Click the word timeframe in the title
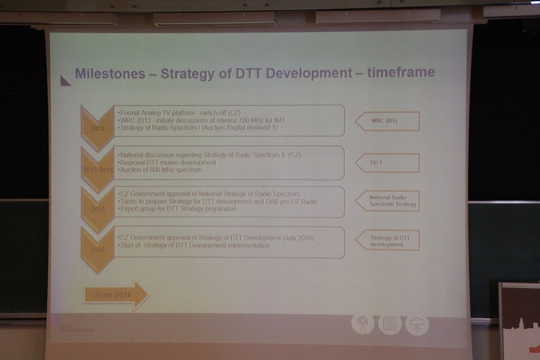pyautogui.click(x=401, y=72)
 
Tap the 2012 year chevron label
pyautogui.click(x=98, y=128)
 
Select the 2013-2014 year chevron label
pyautogui.click(x=98, y=170)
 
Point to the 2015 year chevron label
pyautogui.click(x=98, y=209)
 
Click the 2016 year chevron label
pyautogui.click(x=98, y=249)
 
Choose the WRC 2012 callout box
pyautogui.click(x=387, y=121)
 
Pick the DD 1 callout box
pyautogui.click(x=387, y=163)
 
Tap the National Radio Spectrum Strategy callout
pyautogui.click(x=388, y=201)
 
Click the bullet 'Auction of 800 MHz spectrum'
pyautogui.click(x=160, y=170)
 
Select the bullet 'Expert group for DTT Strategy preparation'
pyautogui.click(x=177, y=209)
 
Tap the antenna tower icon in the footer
pyautogui.click(x=362, y=324)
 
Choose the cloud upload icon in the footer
pyautogui.click(x=417, y=325)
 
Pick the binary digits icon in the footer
pyautogui.click(x=390, y=324)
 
